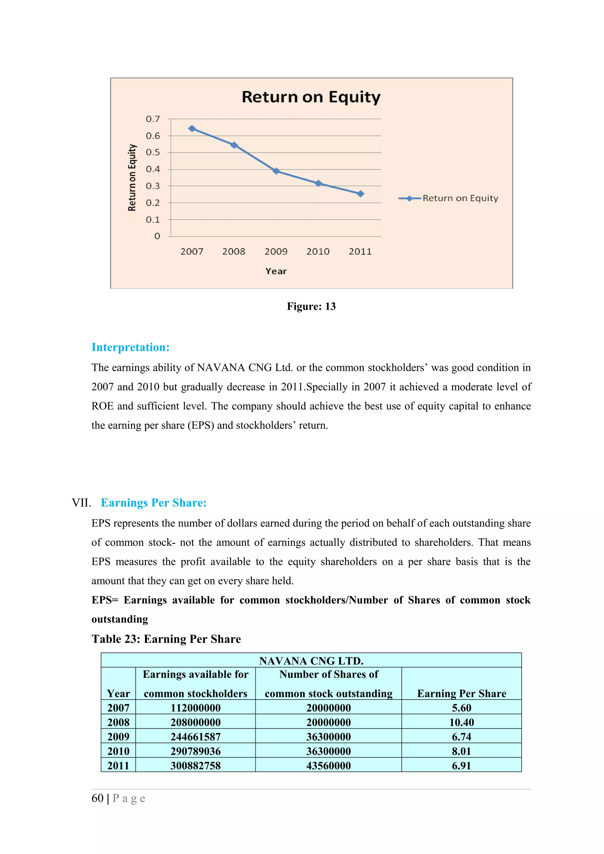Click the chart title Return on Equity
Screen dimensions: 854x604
tap(311, 97)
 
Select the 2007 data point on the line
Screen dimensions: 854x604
tap(192, 129)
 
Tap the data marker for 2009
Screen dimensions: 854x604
tap(276, 171)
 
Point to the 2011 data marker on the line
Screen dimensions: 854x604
tap(360, 194)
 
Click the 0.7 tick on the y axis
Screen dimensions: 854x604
tap(152, 119)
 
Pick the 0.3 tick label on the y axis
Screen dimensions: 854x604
tap(152, 186)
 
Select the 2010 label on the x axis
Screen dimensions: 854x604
tap(318, 252)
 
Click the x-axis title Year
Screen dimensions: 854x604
tap(276, 271)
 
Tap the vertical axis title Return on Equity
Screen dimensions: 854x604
tap(132, 178)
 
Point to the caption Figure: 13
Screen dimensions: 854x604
tap(311, 306)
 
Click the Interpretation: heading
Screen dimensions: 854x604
tap(131, 347)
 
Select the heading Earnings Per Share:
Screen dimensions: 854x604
tap(153, 503)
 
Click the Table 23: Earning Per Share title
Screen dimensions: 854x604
tap(166, 639)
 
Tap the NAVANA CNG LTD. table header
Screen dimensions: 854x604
tap(311, 661)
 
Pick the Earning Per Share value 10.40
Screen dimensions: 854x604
tap(462, 722)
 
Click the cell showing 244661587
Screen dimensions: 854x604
tap(195, 737)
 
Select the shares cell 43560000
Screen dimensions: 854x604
tap(328, 766)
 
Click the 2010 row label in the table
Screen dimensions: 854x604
tap(118, 751)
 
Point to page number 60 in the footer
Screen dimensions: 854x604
tap(98, 798)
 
